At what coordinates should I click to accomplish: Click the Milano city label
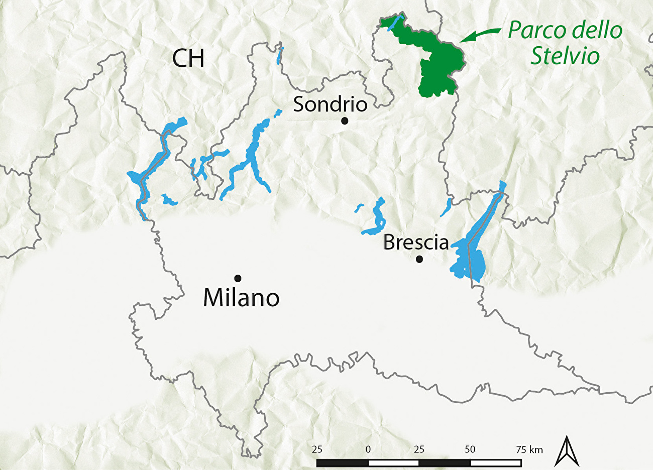241,298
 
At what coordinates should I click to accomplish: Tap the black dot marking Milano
238,278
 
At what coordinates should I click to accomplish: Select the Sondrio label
330,104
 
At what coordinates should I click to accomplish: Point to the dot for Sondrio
345,121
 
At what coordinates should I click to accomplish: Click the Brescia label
415,243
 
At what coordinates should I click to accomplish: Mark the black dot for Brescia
419,259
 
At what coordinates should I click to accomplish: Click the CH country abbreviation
188,58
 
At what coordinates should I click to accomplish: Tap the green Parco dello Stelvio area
437,65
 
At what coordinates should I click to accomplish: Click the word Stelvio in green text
565,56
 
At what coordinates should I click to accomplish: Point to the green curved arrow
480,34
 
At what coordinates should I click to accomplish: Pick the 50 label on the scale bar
470,449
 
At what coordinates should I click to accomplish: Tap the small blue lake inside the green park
396,23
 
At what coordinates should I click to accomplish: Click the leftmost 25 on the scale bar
317,449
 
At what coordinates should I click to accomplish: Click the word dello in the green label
597,31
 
